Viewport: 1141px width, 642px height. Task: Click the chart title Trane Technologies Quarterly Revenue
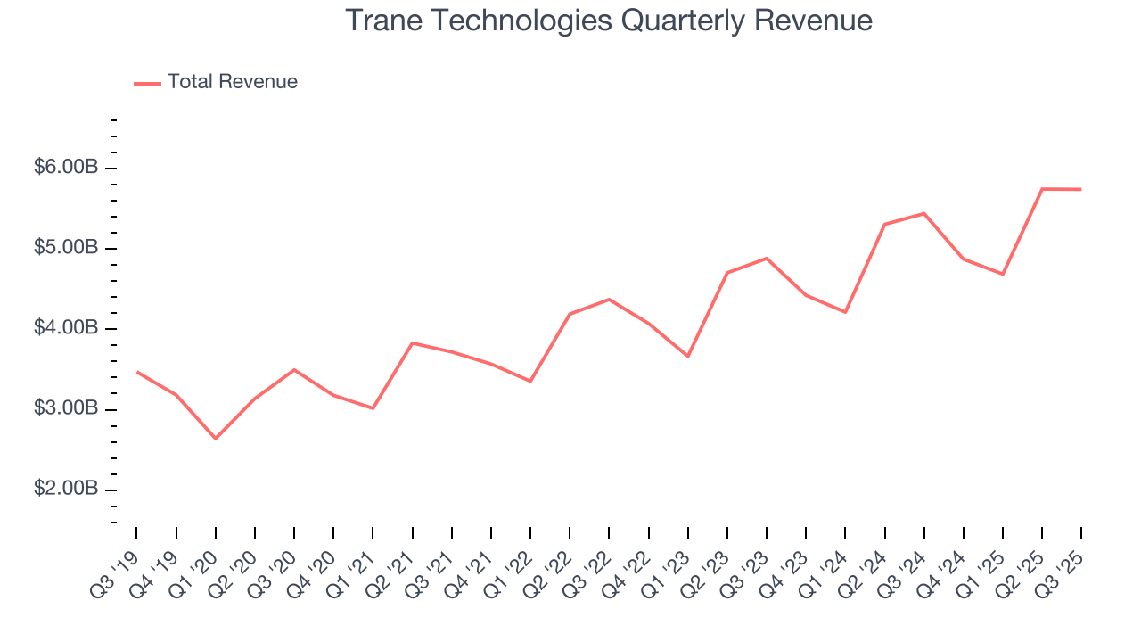pyautogui.click(x=609, y=20)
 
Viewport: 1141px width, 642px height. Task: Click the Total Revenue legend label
pyautogui.click(x=232, y=82)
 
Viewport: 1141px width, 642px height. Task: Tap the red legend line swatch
pyautogui.click(x=147, y=83)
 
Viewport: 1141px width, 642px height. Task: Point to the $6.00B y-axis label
pyautogui.click(x=65, y=168)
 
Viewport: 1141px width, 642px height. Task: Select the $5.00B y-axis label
pyautogui.click(x=65, y=248)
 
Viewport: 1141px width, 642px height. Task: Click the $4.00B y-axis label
pyautogui.click(x=65, y=329)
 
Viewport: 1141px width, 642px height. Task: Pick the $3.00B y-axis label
pyautogui.click(x=65, y=409)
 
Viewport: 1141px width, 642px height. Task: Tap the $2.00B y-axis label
pyautogui.click(x=65, y=490)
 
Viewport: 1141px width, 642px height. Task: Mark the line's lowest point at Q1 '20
pyautogui.click(x=216, y=438)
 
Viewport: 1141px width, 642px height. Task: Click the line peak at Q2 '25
pyautogui.click(x=1042, y=189)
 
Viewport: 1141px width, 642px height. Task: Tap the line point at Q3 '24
pyautogui.click(x=924, y=213)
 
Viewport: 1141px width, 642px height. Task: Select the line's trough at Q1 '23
pyautogui.click(x=688, y=356)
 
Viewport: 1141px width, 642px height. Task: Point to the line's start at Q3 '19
pyautogui.click(x=136, y=372)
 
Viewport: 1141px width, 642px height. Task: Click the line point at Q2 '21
pyautogui.click(x=413, y=342)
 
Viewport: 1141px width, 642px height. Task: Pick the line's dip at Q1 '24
pyautogui.click(x=845, y=312)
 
